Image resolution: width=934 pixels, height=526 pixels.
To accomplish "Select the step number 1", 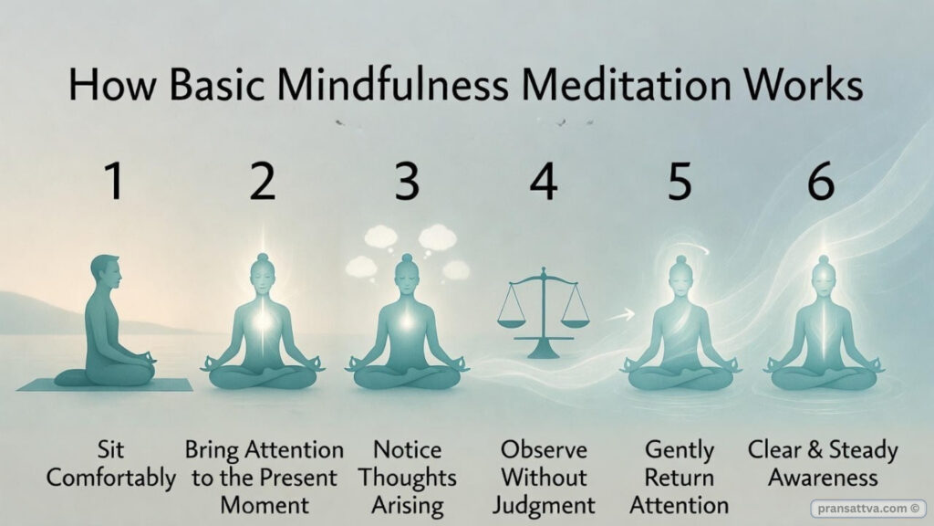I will (x=114, y=182).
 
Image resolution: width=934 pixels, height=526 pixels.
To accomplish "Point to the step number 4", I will (x=544, y=182).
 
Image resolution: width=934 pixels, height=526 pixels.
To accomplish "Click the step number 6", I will (x=821, y=182).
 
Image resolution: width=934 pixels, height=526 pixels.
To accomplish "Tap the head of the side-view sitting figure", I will (x=106, y=270).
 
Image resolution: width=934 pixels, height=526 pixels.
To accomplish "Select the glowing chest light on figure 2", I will (x=263, y=322).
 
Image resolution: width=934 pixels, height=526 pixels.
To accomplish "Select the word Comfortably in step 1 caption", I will (x=111, y=478).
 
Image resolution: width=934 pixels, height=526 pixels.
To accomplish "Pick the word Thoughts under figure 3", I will (x=408, y=478).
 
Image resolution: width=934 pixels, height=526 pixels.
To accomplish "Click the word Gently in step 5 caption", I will (x=680, y=450).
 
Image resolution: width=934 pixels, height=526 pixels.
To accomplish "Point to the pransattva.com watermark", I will (x=867, y=508).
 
